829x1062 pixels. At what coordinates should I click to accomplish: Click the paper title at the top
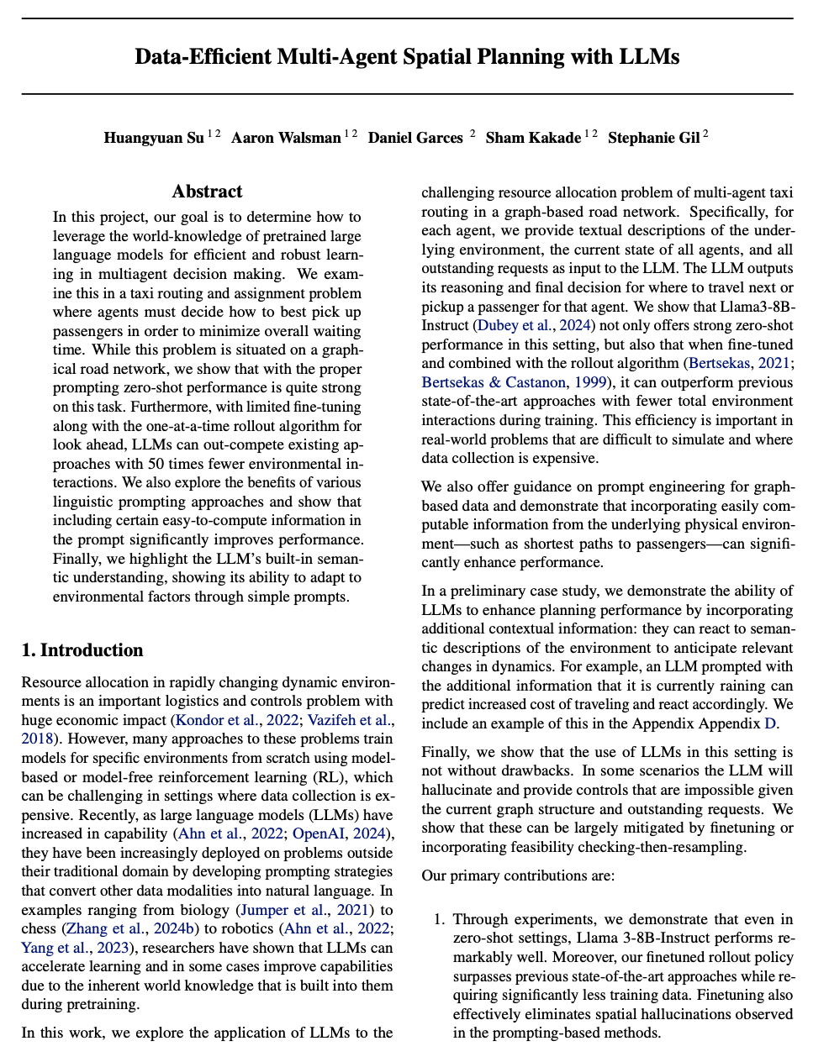click(x=407, y=57)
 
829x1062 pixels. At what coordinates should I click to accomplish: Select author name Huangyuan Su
click(x=154, y=138)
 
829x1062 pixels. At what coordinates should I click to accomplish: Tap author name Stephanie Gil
click(x=653, y=138)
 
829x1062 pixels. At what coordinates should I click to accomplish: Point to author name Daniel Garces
click(x=415, y=138)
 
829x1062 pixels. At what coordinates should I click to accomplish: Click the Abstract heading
click(x=207, y=192)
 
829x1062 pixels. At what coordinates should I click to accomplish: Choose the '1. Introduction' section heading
click(x=82, y=650)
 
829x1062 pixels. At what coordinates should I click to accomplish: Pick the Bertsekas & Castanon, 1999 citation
click(x=494, y=382)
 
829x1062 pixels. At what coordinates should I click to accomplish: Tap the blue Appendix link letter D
click(x=769, y=723)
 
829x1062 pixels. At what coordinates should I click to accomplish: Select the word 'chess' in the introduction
click(x=40, y=929)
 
